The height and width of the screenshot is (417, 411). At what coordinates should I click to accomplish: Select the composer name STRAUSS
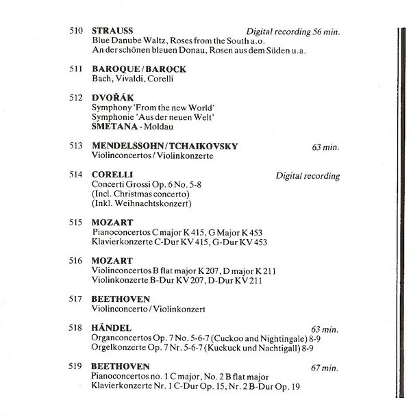112,31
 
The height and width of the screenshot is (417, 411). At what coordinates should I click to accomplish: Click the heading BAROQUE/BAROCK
139,69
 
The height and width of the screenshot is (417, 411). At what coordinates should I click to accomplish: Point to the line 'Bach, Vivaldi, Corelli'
133,79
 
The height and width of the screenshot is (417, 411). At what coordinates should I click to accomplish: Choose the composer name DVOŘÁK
112,98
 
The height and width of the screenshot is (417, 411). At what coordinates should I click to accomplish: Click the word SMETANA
113,127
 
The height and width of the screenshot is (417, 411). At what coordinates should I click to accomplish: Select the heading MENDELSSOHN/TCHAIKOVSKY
165,146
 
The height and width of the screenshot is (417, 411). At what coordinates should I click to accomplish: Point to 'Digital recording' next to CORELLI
308,176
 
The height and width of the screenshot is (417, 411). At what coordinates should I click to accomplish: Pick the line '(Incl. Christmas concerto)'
137,194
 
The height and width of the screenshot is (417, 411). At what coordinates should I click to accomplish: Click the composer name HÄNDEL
111,329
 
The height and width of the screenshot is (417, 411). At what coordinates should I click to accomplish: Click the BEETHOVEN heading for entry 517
121,299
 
